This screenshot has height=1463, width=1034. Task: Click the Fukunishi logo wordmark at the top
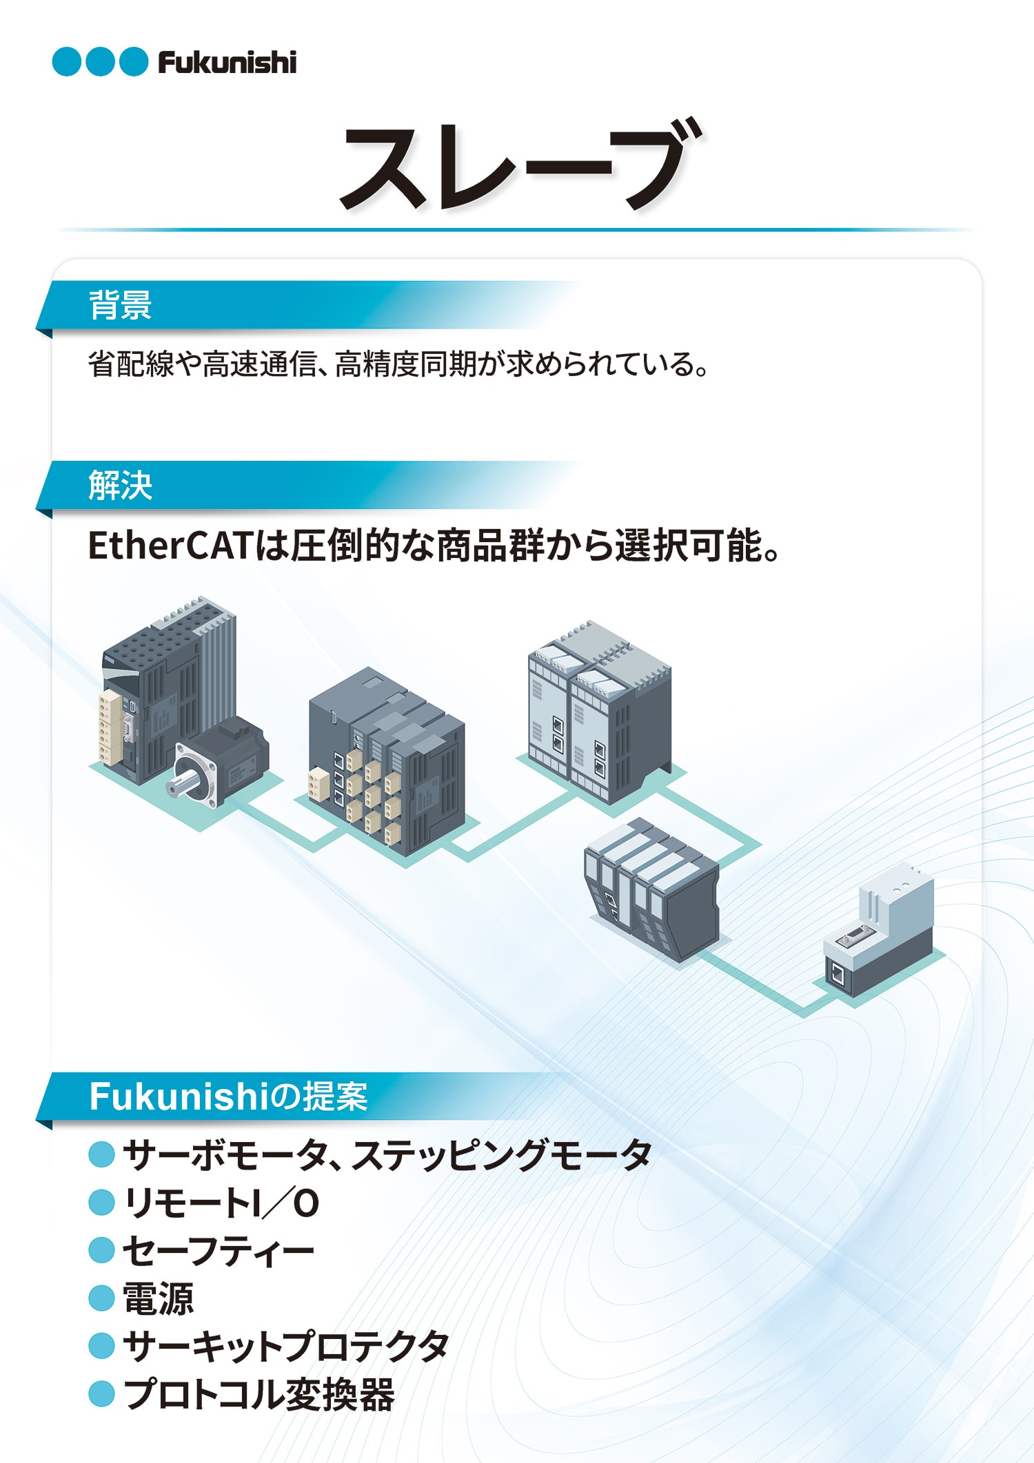(x=227, y=62)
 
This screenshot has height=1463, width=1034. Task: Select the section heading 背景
(x=120, y=304)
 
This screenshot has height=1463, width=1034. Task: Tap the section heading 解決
(x=120, y=485)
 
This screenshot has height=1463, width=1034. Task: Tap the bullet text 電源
(x=158, y=1299)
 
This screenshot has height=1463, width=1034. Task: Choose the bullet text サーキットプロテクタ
(x=286, y=1347)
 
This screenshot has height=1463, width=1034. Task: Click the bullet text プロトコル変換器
(x=259, y=1395)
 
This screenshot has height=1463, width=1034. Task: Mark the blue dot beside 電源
(x=101, y=1299)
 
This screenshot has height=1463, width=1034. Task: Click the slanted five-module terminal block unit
(x=651, y=889)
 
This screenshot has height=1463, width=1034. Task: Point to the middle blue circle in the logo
(x=100, y=62)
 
